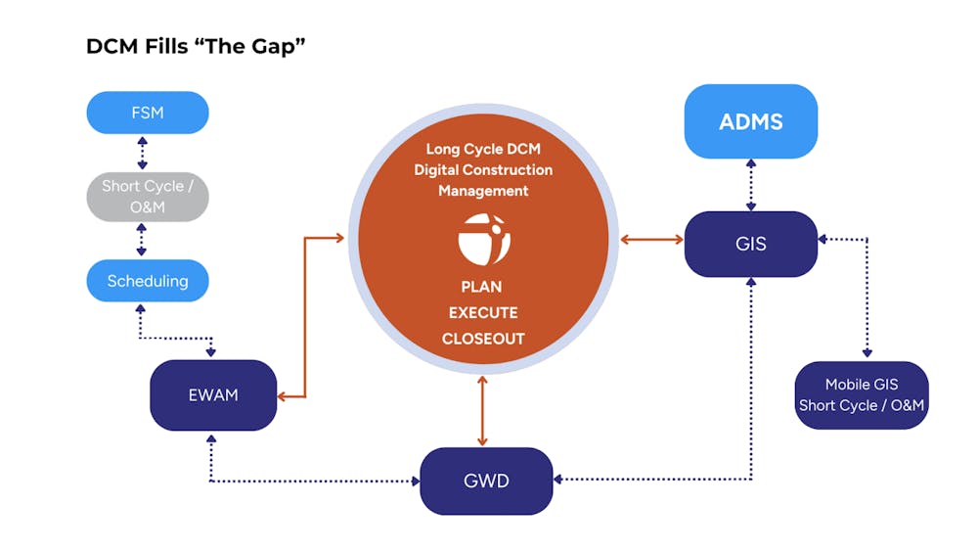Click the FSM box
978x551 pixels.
pyautogui.click(x=147, y=113)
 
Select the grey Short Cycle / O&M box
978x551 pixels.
pyautogui.click(x=147, y=197)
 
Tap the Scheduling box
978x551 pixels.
pyautogui.click(x=147, y=281)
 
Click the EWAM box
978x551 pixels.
pyautogui.click(x=213, y=395)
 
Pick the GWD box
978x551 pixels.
pyautogui.click(x=486, y=481)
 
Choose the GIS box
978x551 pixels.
pyautogui.click(x=750, y=244)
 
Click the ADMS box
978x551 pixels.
pyautogui.click(x=750, y=121)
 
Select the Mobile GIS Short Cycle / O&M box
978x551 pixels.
pyautogui.click(x=861, y=395)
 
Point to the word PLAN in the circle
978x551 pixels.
pyautogui.click(x=483, y=287)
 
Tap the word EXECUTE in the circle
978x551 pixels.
pyautogui.click(x=483, y=313)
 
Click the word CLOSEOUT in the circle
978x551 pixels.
pyautogui.click(x=483, y=340)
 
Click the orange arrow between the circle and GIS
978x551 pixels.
pyautogui.click(x=650, y=238)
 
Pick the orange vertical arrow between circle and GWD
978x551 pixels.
pyautogui.click(x=483, y=411)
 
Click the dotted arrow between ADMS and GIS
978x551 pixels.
pyautogui.click(x=750, y=185)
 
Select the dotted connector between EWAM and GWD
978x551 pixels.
pyautogui.click(x=313, y=481)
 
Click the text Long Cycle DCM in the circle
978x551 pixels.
pyautogui.click(x=483, y=150)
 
